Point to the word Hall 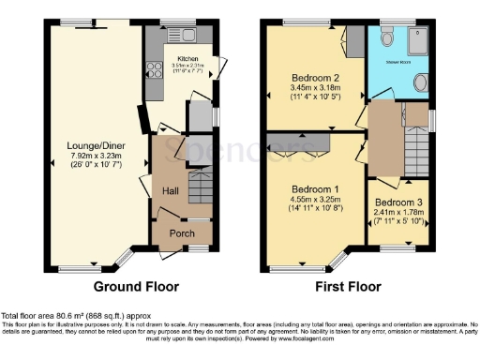point(171,191)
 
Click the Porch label point(182,233)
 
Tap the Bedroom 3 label point(398,202)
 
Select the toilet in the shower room point(419,82)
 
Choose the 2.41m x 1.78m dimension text point(398,213)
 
